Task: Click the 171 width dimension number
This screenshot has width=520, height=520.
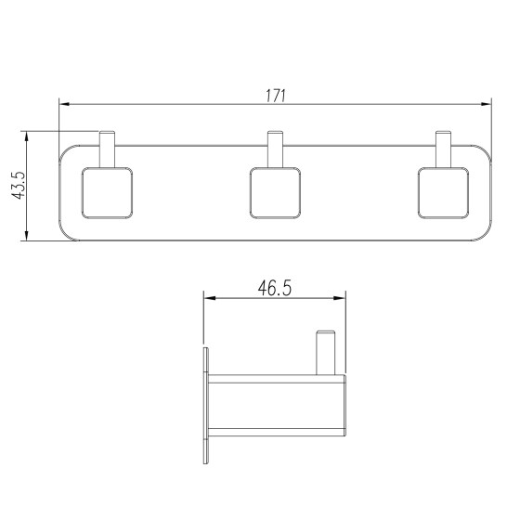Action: point(275,96)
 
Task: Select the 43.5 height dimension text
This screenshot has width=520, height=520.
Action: point(18,186)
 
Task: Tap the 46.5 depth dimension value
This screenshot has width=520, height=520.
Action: point(275,288)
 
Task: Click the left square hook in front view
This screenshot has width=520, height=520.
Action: point(107,193)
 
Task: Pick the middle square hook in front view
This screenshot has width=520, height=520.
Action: point(275,193)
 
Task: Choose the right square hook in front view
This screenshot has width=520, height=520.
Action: point(444,193)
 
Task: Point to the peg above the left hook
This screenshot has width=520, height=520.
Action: point(107,149)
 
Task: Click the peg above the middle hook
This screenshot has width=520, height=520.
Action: point(275,149)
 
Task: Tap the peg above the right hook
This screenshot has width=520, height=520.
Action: point(444,149)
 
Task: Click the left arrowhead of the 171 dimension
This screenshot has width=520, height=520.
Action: point(64,104)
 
